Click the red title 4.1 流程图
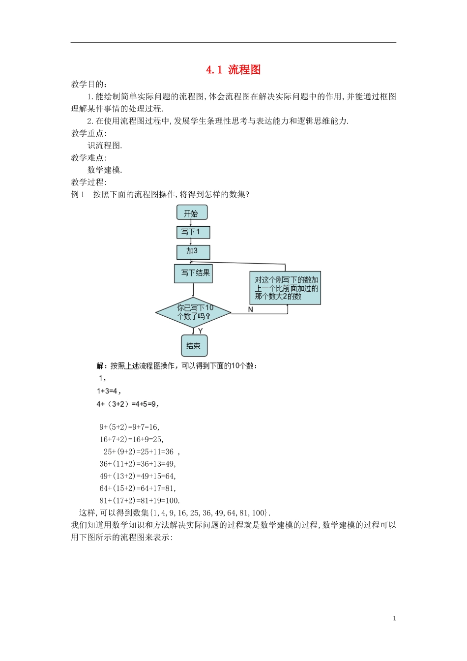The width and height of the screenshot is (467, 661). (233, 70)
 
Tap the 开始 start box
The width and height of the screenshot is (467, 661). (192, 213)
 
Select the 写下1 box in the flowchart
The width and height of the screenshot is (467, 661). (193, 232)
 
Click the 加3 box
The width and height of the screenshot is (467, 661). (193, 252)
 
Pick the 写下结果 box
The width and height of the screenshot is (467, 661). (193, 273)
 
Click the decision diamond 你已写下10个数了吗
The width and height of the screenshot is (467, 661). (193, 312)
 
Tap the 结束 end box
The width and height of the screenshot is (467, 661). (194, 346)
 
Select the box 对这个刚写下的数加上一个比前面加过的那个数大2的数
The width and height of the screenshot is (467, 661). (285, 288)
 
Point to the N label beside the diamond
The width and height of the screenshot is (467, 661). (251, 309)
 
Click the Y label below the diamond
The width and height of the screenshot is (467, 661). (200, 331)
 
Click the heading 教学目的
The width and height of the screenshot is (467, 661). (88, 84)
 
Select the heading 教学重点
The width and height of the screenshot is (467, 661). (88, 133)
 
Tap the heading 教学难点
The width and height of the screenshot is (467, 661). (88, 158)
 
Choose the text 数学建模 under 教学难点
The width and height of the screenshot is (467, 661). (105, 170)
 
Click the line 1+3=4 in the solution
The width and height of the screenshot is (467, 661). (108, 391)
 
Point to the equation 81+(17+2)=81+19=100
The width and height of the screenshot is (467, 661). (140, 501)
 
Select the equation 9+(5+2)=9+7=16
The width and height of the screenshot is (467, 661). (129, 427)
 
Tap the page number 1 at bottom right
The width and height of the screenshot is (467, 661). (394, 618)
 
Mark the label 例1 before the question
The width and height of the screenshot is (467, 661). (78, 194)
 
